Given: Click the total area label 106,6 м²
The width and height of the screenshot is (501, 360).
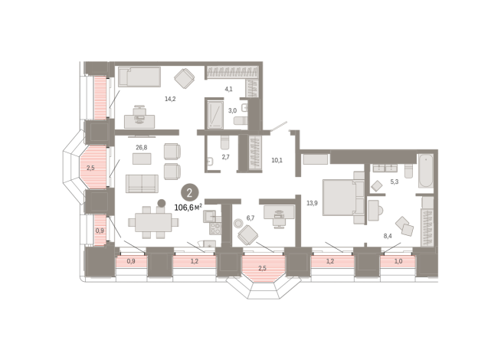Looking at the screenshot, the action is (x=188, y=208).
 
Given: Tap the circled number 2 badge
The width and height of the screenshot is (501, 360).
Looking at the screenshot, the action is (x=190, y=193).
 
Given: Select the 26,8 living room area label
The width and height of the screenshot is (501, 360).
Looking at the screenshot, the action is (x=142, y=147).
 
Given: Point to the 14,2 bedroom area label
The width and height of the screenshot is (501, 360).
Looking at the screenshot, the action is (x=170, y=99).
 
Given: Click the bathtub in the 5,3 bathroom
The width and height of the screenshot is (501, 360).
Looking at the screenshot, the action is (x=426, y=172).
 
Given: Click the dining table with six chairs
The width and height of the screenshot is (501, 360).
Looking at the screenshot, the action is (x=153, y=222).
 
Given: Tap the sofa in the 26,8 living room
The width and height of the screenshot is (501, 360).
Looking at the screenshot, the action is (x=142, y=184).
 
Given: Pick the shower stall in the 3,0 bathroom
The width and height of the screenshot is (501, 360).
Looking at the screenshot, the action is (x=215, y=115).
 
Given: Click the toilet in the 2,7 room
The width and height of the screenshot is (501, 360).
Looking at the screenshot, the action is (x=225, y=142).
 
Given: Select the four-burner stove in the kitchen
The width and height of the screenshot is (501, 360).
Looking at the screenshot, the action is (x=215, y=229).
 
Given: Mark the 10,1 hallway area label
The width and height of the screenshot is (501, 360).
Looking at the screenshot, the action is (x=277, y=160).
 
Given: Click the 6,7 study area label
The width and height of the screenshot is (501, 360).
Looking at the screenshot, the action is (x=250, y=218).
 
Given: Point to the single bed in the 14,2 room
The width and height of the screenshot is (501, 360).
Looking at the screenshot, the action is (x=139, y=77).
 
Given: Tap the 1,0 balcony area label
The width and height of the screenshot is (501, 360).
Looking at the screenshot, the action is (x=398, y=261).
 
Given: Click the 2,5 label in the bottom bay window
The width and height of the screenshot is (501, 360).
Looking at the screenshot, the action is (x=262, y=268).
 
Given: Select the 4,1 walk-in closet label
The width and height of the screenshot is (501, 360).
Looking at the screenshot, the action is (x=228, y=89).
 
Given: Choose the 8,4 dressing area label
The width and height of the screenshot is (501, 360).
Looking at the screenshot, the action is (x=388, y=236).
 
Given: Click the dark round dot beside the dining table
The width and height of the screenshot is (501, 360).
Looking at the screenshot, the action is (x=162, y=203).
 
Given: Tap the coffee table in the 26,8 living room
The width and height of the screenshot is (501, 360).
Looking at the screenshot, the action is (x=142, y=159).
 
